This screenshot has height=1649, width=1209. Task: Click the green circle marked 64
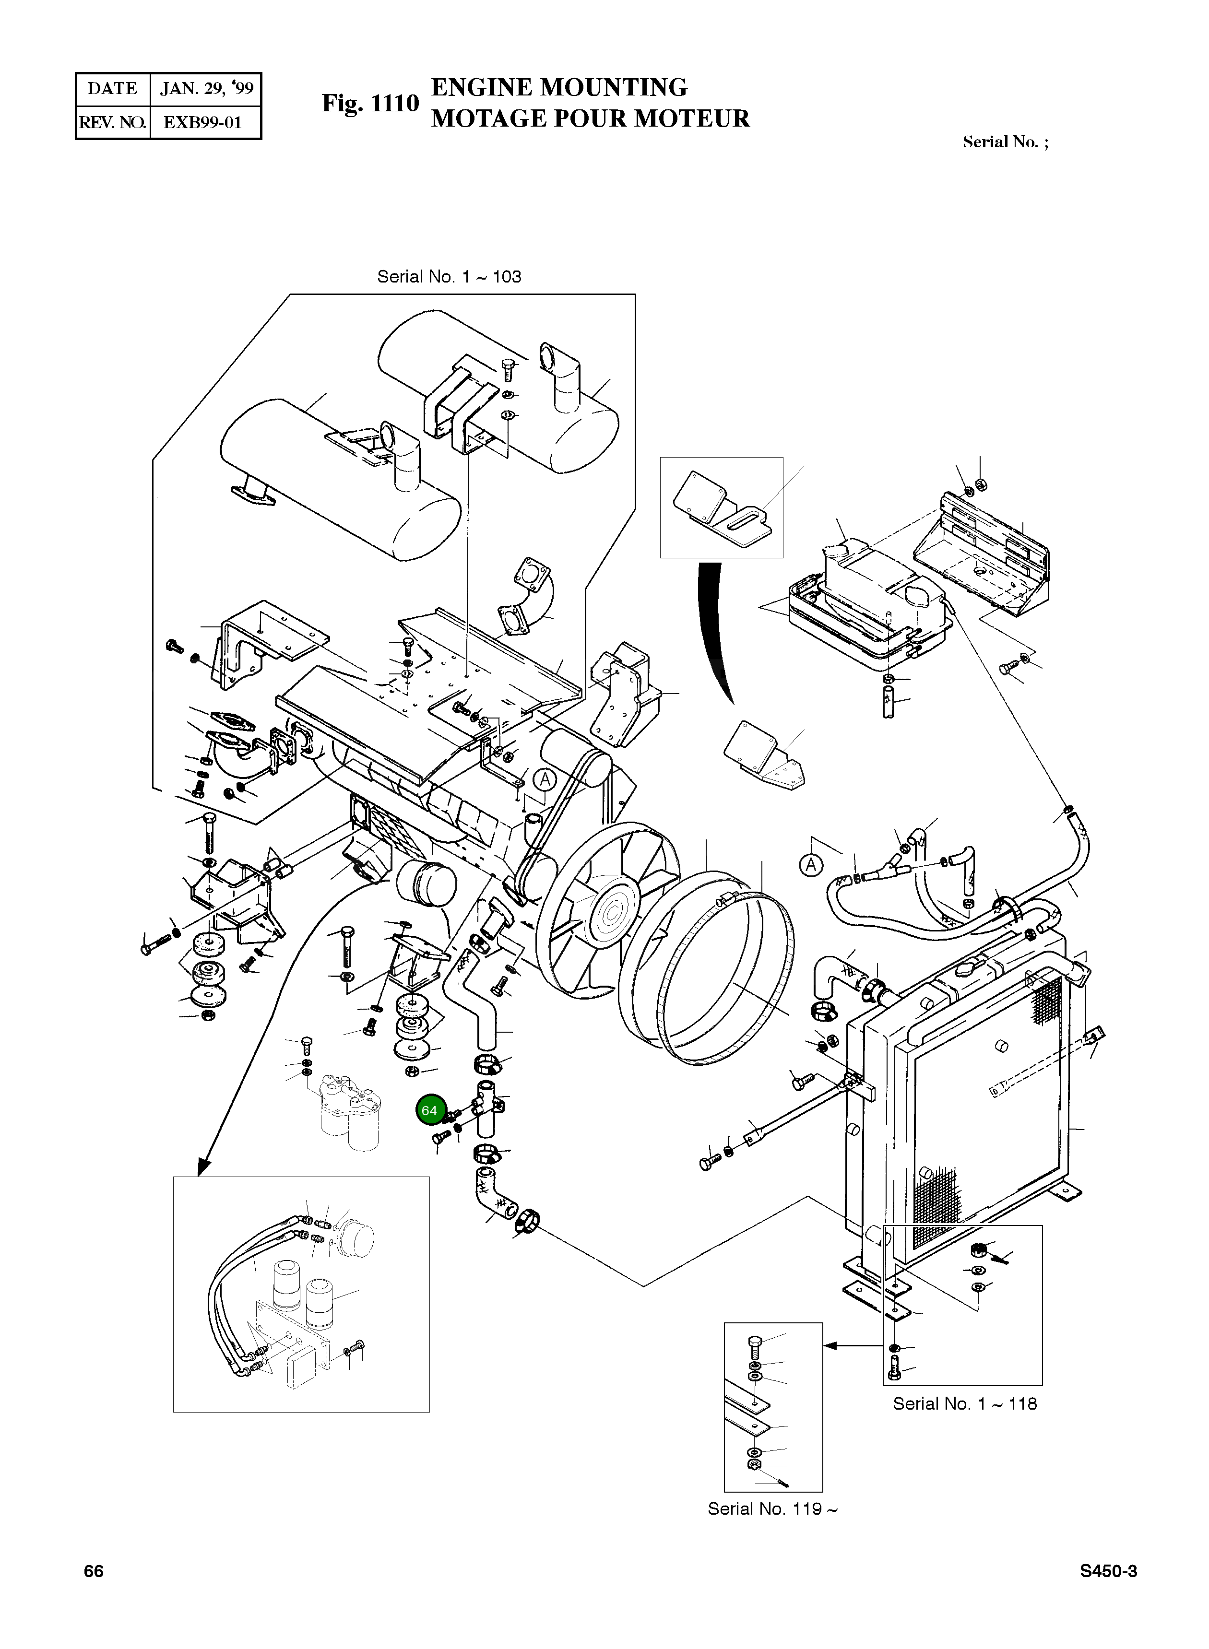click(429, 1110)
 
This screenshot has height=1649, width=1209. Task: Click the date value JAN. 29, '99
click(206, 89)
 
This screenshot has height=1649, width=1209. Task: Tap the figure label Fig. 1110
click(370, 104)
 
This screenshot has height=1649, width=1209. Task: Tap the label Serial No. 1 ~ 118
click(965, 1403)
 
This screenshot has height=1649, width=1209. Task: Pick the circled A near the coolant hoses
click(810, 865)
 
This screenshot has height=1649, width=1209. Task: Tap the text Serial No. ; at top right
click(1005, 142)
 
